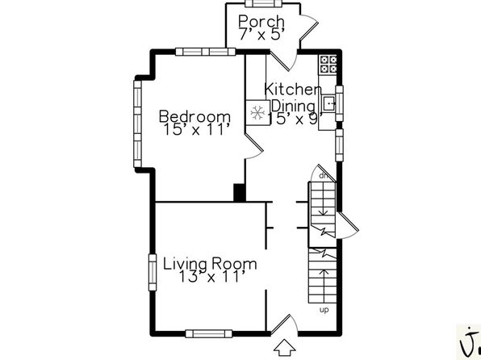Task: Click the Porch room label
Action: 261,22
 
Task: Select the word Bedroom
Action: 194,116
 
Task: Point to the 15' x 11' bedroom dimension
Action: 196,129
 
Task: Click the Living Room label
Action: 210,264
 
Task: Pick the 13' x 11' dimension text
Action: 211,277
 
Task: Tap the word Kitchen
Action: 293,89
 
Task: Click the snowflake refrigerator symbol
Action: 257,112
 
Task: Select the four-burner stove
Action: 328,64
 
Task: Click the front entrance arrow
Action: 285,348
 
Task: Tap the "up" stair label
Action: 324,310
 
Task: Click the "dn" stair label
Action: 324,176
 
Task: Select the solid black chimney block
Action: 240,192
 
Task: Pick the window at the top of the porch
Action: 263,3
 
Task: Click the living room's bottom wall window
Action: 209,333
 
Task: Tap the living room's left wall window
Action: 153,272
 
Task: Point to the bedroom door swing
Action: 254,147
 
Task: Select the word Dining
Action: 294,107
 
